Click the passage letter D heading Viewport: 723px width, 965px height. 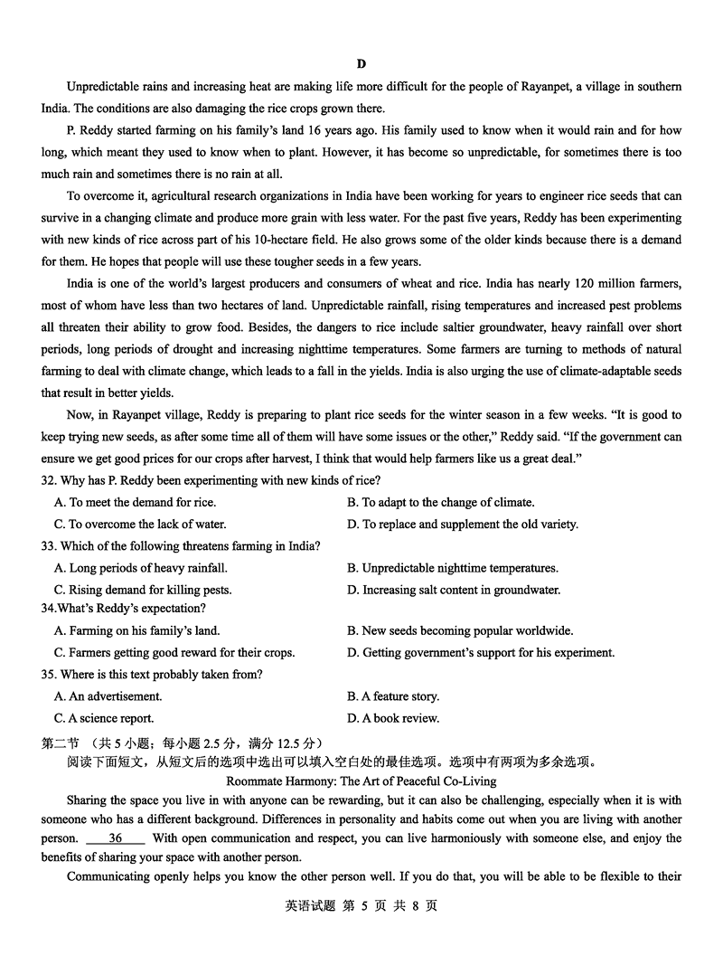[x=361, y=63]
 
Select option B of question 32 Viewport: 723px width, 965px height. [x=440, y=502]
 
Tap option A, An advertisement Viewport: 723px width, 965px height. [x=108, y=696]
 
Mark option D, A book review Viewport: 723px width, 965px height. [x=393, y=718]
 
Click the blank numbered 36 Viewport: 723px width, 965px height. [x=115, y=838]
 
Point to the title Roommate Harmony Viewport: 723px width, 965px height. [x=361, y=781]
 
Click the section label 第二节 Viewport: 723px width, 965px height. [x=60, y=741]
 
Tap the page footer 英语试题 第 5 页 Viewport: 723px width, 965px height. [x=361, y=906]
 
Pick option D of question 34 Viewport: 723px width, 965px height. [x=481, y=652]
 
